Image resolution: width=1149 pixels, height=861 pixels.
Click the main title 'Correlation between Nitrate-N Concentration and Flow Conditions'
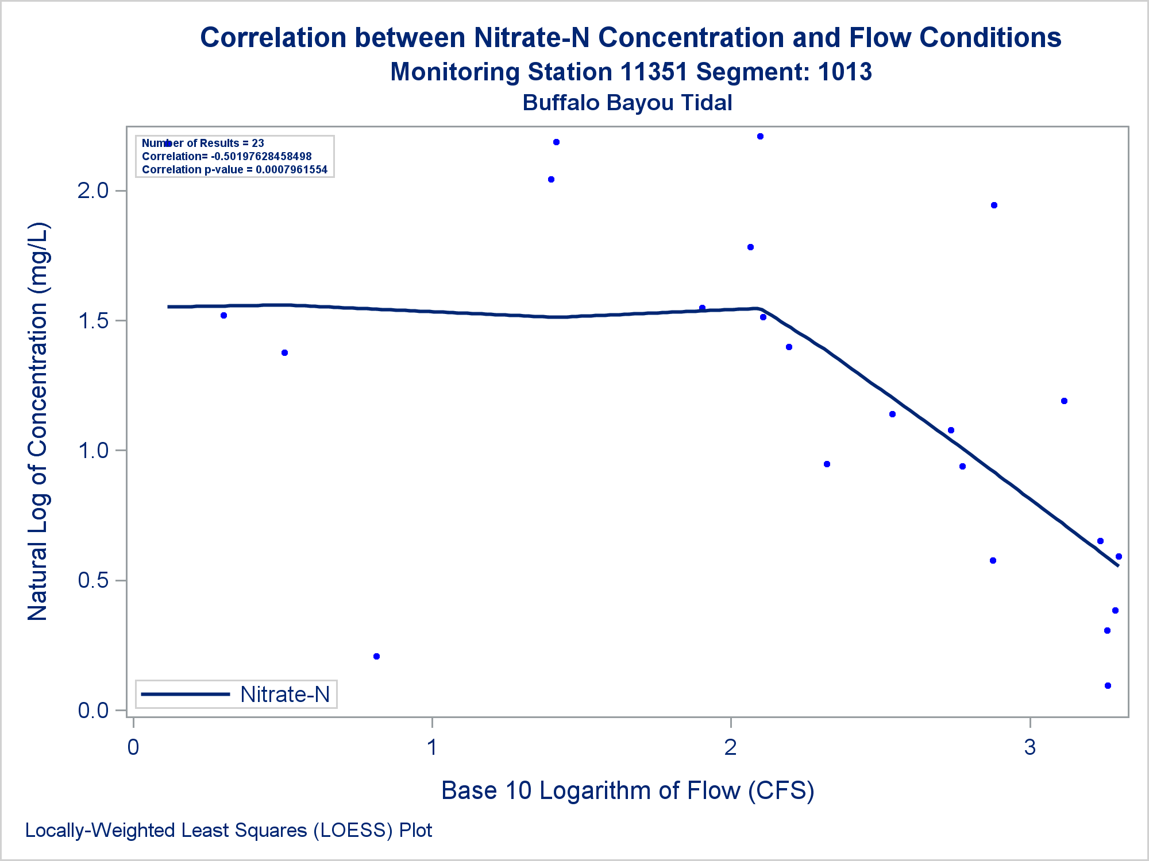click(630, 38)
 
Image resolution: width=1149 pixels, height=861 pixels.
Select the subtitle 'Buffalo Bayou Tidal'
click(627, 103)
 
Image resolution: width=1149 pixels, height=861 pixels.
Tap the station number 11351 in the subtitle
click(654, 72)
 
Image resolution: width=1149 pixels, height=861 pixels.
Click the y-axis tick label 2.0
click(93, 191)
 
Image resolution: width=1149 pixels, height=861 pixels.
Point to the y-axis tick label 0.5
click(93, 580)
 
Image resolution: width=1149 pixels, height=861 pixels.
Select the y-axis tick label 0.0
click(93, 711)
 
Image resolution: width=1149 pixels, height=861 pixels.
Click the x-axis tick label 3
click(1030, 747)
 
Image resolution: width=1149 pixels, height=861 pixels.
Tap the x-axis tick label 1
click(432, 747)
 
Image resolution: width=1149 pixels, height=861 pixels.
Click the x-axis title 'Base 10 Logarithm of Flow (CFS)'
click(627, 790)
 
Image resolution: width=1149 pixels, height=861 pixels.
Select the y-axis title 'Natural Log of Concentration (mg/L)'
click(38, 421)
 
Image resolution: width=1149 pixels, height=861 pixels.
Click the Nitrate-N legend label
click(285, 695)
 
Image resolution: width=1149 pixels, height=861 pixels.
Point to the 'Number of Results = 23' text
click(203, 143)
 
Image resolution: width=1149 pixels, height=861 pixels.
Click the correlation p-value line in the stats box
click(234, 169)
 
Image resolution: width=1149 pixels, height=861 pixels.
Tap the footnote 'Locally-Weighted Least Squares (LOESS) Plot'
click(229, 831)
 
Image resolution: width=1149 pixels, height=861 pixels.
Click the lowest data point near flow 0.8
click(376, 656)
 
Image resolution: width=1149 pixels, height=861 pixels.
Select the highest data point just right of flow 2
click(760, 136)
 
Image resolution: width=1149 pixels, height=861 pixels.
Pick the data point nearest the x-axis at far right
click(1108, 685)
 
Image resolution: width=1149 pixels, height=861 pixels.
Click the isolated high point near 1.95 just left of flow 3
click(994, 205)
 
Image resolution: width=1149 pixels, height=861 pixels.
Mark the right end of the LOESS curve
click(1117, 565)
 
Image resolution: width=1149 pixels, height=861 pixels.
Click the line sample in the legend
click(185, 695)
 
